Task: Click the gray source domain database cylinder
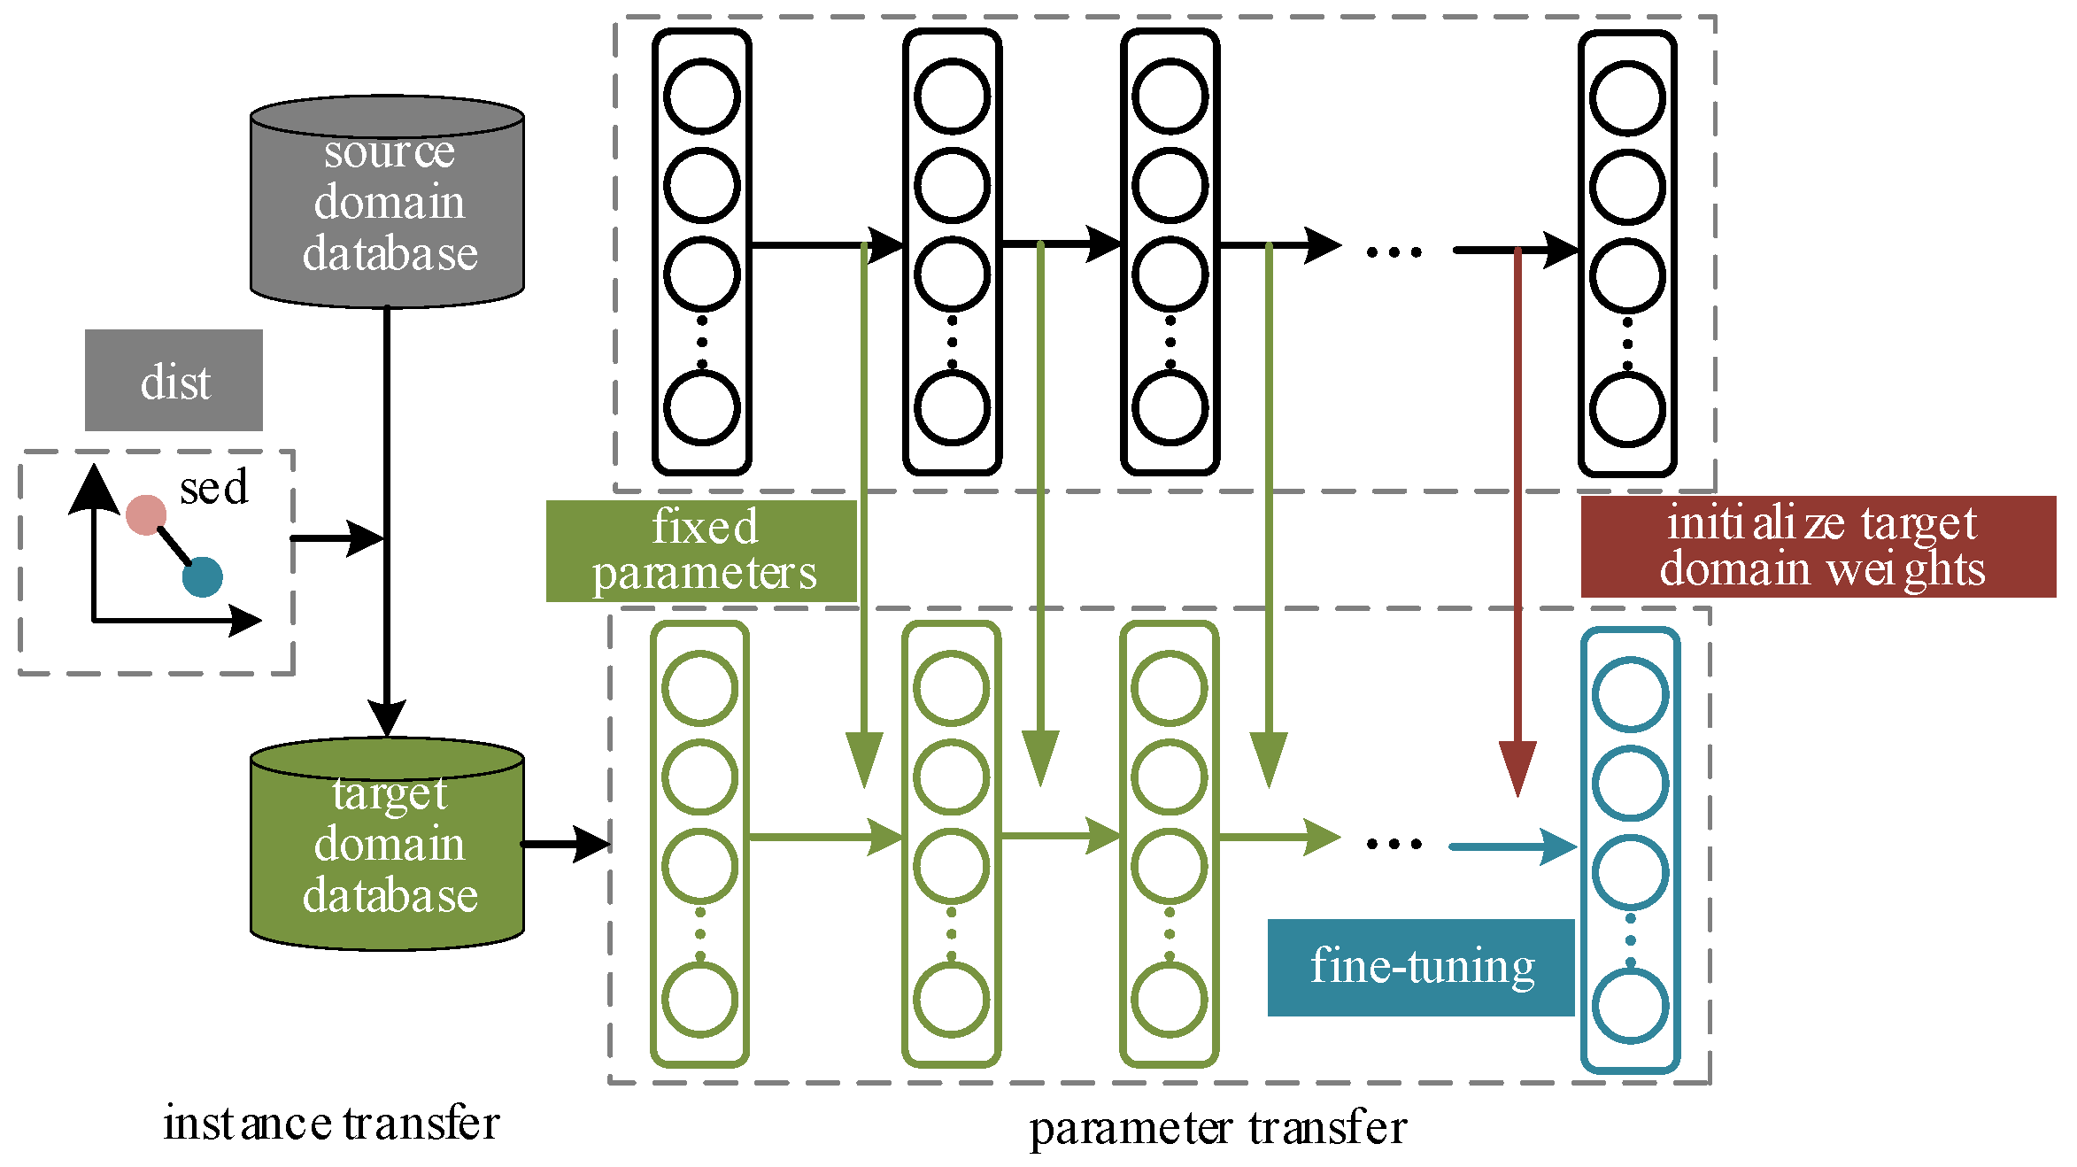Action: coord(387,204)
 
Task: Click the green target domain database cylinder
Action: coord(387,846)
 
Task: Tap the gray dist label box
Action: coord(174,381)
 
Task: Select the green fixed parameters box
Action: coord(701,551)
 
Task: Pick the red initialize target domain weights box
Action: coord(1818,546)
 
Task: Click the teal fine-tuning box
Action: coord(1420,967)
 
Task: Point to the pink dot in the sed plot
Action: coord(146,515)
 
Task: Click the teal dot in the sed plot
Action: coord(203,577)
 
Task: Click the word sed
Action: coord(213,487)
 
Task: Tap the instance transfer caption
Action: coord(331,1124)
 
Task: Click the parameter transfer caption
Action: coord(1217,1129)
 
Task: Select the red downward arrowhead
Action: coord(1517,767)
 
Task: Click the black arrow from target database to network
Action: coord(566,844)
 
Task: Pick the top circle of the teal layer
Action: coord(1630,694)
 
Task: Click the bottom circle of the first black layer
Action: coord(701,407)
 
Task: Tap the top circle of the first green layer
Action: coord(699,688)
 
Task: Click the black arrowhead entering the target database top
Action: coord(387,717)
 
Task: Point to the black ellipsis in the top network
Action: coord(1394,252)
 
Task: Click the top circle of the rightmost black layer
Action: coord(1627,98)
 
